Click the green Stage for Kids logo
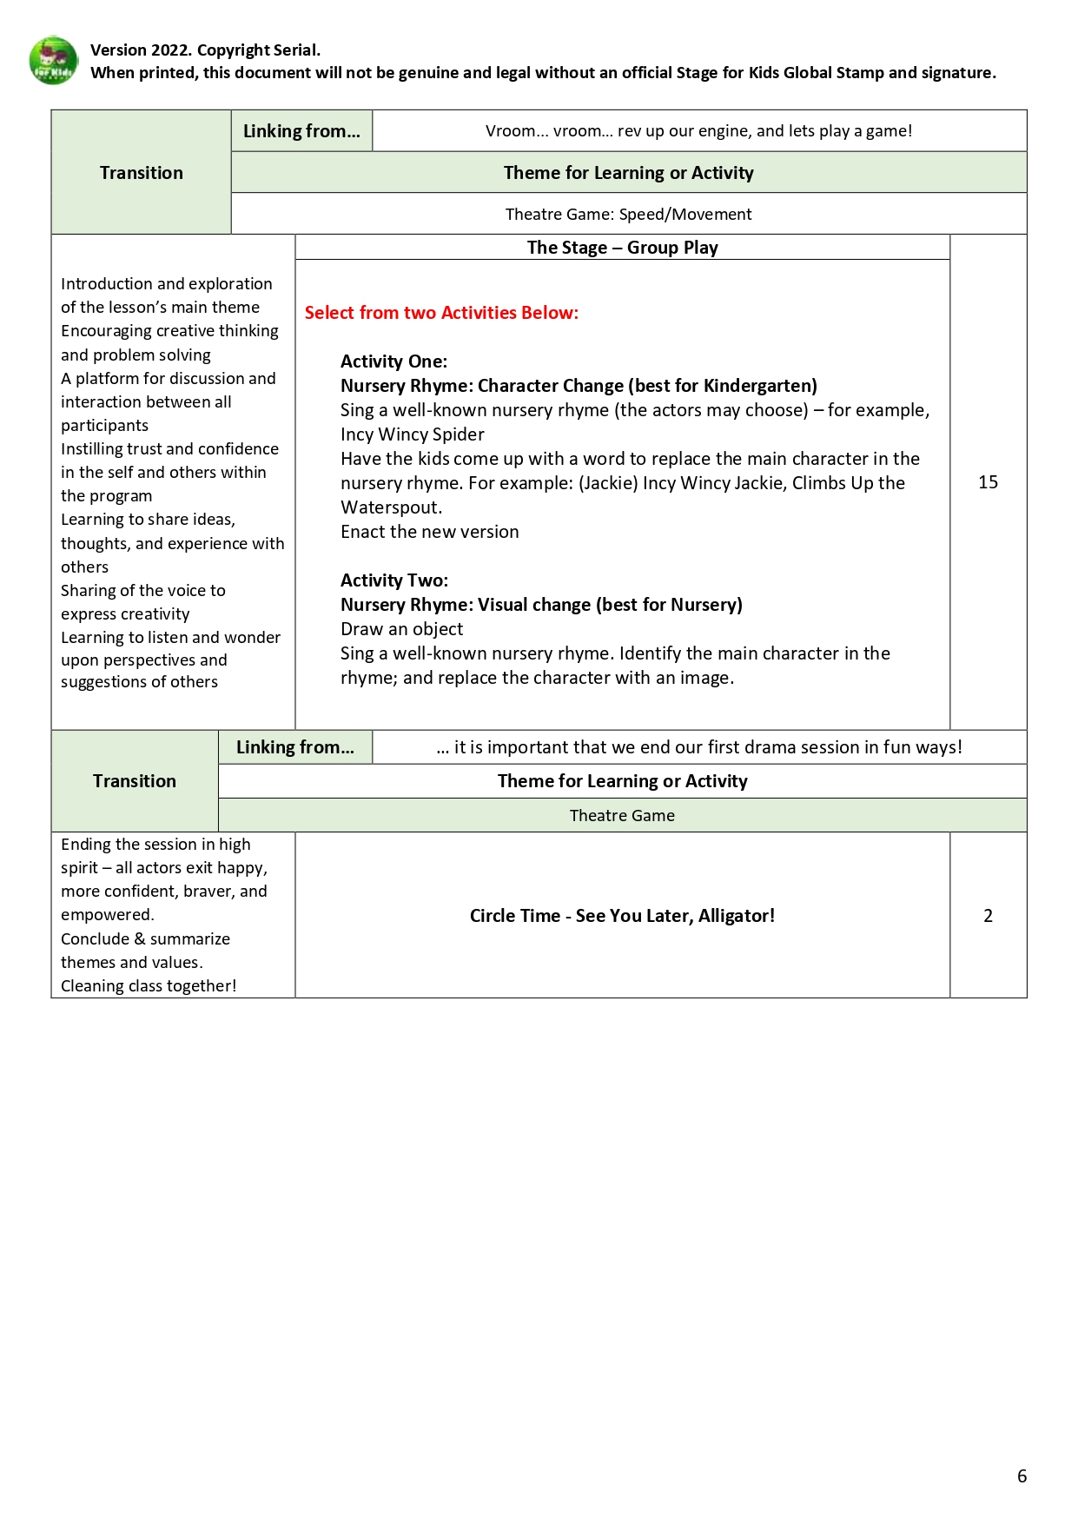point(53,60)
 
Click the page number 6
point(1022,1475)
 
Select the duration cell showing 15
point(988,482)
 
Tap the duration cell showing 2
point(988,915)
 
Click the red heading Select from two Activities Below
point(441,313)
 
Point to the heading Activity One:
point(394,361)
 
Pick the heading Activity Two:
point(394,580)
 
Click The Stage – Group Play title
point(622,248)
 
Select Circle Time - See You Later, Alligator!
point(622,915)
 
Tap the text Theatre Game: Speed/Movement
point(628,214)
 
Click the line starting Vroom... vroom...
point(698,131)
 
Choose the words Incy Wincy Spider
point(412,434)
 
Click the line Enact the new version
point(429,532)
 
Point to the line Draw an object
point(401,629)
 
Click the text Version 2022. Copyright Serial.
point(205,50)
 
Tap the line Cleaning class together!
point(149,985)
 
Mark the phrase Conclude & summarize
point(145,938)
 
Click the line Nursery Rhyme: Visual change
point(540,605)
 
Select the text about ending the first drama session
point(698,747)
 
